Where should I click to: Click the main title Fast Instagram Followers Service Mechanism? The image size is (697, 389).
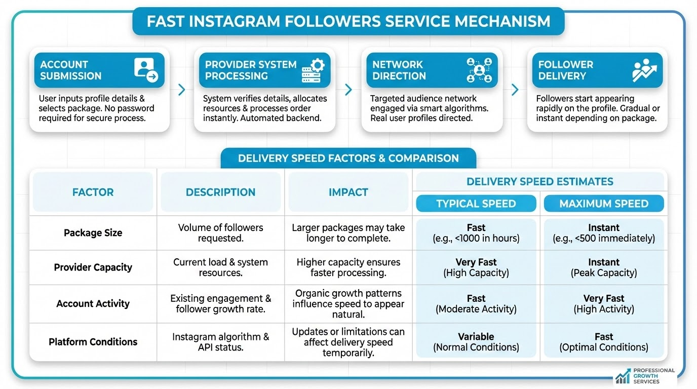tap(348, 21)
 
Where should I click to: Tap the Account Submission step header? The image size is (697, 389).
tap(99, 70)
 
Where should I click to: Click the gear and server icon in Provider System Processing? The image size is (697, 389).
tap(313, 70)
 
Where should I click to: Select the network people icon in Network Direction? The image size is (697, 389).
tap(479, 70)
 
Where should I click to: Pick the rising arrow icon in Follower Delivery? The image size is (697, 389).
tap(644, 70)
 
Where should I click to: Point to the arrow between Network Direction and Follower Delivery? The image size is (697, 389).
tap(515, 90)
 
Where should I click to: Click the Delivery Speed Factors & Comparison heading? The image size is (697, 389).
tap(348, 158)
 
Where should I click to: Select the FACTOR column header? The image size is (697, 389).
tap(93, 192)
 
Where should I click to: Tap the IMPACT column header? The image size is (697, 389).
tap(348, 192)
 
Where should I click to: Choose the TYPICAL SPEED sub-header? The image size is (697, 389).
tap(476, 204)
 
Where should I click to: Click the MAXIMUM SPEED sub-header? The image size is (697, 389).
tap(604, 204)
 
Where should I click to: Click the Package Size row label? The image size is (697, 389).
tap(93, 233)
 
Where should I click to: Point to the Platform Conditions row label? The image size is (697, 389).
tap(93, 342)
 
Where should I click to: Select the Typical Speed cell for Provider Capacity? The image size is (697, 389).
tap(476, 267)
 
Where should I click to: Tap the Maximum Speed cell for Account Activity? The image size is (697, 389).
tap(604, 303)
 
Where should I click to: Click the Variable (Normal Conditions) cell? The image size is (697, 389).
tap(476, 342)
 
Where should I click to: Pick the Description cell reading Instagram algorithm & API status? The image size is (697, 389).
tap(220, 342)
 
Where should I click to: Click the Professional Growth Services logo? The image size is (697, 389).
tap(645, 376)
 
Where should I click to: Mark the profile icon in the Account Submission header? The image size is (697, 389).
tap(146, 70)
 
